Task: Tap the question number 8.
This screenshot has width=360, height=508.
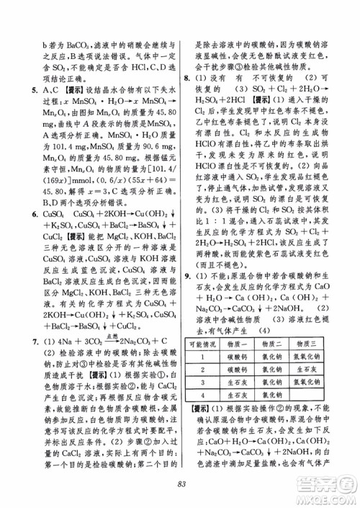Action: point(188,77)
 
